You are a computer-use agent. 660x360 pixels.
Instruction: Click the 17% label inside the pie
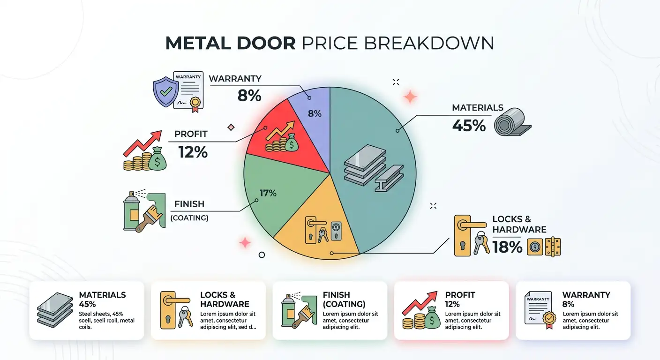pos(268,193)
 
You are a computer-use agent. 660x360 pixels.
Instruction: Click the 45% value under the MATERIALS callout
pos(469,125)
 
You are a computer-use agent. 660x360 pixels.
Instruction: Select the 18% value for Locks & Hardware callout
pos(507,247)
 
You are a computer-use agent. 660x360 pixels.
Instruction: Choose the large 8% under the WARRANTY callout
pos(249,96)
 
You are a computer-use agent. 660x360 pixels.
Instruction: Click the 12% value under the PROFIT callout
pos(193,152)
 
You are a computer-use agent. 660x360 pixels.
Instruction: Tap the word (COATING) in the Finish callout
pos(189,218)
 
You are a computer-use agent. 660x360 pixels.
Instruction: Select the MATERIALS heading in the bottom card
pos(102,295)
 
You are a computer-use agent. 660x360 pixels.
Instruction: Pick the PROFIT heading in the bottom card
pos(460,295)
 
